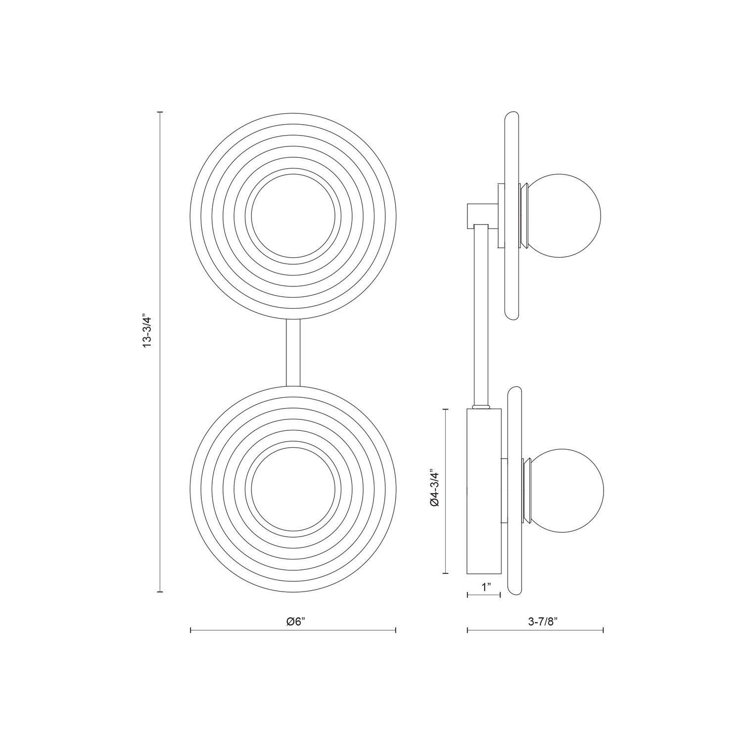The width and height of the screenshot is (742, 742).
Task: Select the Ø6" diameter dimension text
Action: click(295, 622)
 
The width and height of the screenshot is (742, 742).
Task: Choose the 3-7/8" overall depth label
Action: click(542, 622)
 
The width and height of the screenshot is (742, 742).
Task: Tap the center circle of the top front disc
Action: click(295, 216)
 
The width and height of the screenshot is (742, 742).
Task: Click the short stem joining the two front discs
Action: click(293, 352)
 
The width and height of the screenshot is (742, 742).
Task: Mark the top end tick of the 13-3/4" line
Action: click(160, 113)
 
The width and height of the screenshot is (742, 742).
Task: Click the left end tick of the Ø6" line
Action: click(191, 630)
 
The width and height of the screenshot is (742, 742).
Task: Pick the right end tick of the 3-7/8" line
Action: click(603, 630)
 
